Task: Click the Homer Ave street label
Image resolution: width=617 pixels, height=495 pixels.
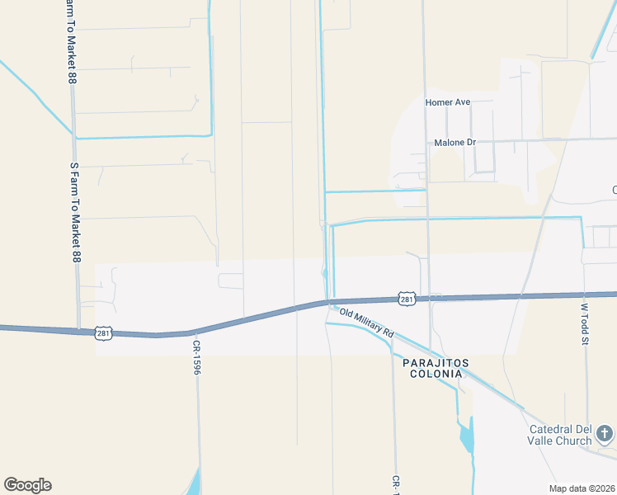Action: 447,102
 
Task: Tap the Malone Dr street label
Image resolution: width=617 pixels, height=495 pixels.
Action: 455,143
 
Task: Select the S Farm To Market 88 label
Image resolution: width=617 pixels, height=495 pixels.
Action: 74,213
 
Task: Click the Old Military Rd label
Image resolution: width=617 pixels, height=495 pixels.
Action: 367,322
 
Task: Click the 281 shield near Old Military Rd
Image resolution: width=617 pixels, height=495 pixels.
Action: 406,299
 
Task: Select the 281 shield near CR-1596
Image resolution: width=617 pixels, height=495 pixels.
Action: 103,332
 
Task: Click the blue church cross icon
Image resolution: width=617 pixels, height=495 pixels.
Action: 605,432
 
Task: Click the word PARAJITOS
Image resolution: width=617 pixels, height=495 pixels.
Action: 436,363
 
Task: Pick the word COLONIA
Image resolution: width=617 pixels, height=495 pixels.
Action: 436,374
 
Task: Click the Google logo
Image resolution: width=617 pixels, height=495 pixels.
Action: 27,485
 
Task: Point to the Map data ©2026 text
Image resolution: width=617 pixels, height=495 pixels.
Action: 582,488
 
